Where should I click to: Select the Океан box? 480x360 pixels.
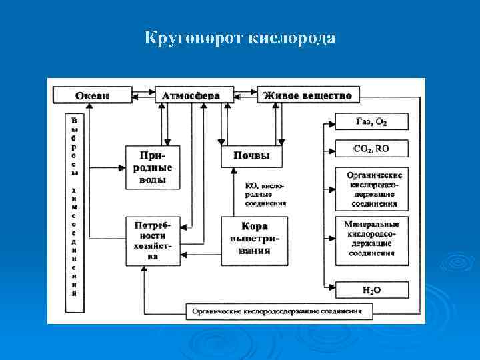[x=92, y=95]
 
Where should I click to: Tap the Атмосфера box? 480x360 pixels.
[x=191, y=95]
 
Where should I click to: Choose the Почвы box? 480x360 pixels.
[x=251, y=155]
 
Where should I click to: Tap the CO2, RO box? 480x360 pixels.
[x=371, y=148]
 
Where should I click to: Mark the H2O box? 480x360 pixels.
[x=371, y=290]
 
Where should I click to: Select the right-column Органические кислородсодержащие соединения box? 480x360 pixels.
[x=371, y=189]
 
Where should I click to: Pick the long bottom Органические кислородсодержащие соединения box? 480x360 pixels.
[x=276, y=311]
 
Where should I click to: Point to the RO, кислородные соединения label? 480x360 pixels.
[x=265, y=194]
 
